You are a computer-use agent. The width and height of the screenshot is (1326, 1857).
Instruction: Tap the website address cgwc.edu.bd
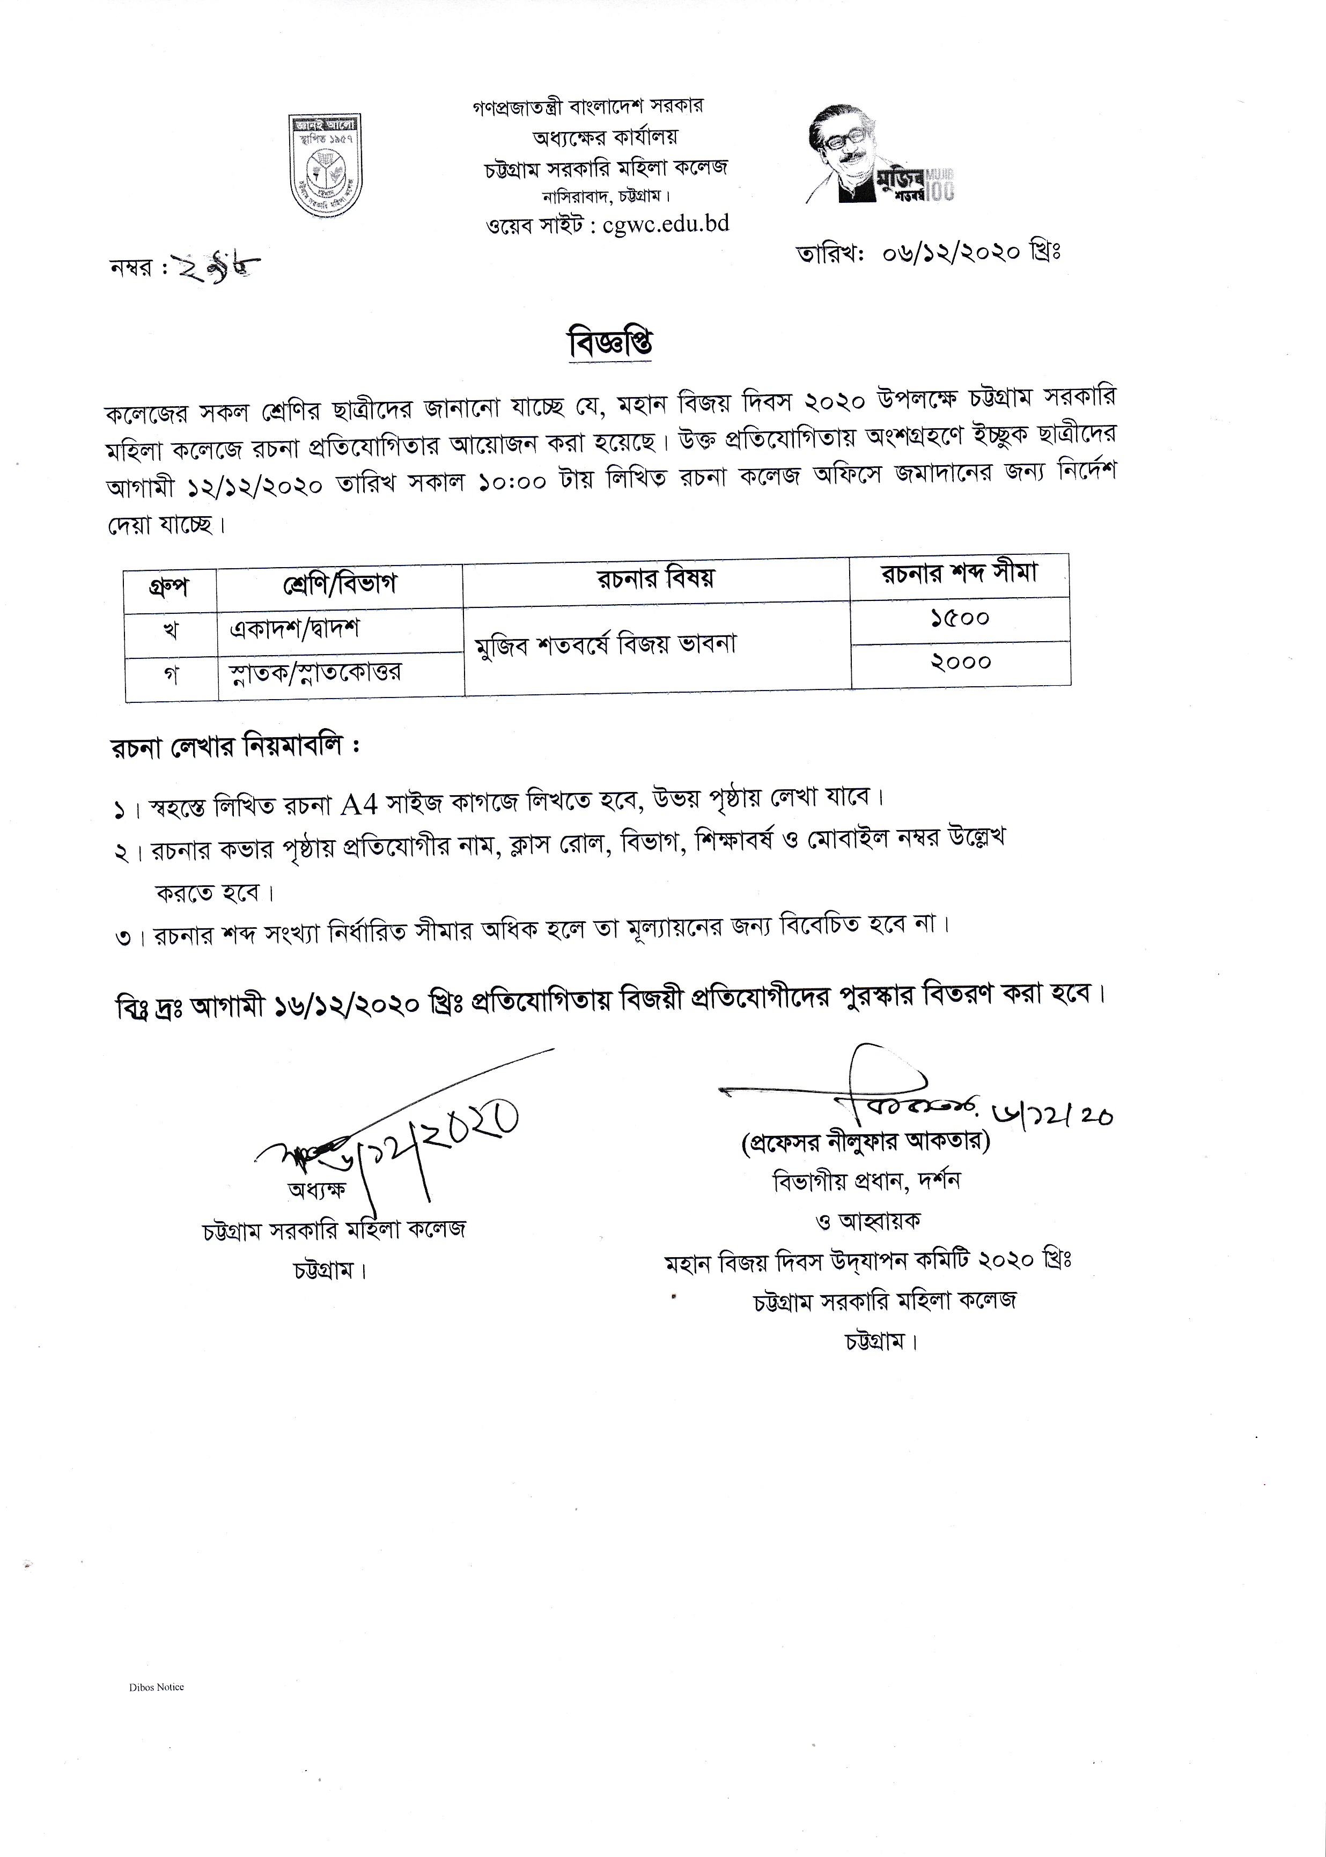[x=666, y=224]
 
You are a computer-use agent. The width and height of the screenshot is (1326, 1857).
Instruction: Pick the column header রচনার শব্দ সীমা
[x=960, y=574]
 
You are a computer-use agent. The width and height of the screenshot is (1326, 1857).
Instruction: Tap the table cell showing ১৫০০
[x=960, y=619]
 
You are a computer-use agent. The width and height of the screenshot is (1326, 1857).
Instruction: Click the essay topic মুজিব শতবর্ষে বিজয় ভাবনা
[x=606, y=644]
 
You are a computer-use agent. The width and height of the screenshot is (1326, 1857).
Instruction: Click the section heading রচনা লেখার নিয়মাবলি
[x=235, y=747]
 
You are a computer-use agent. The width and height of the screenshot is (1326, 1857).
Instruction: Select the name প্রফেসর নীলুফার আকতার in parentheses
[x=865, y=1142]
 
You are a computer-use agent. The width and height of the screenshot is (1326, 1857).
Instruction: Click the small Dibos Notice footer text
[x=156, y=1687]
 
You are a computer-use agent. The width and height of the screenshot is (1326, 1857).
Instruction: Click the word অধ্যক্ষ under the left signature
[x=317, y=1190]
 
